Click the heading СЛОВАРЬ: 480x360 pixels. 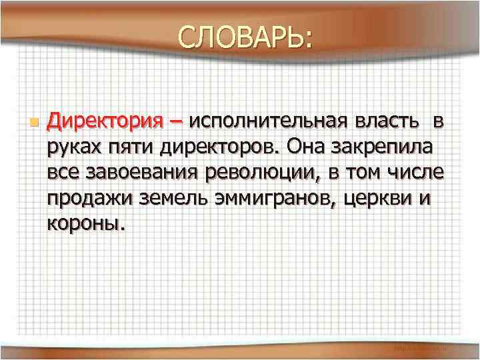click(243, 39)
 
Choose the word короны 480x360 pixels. click(85, 223)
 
